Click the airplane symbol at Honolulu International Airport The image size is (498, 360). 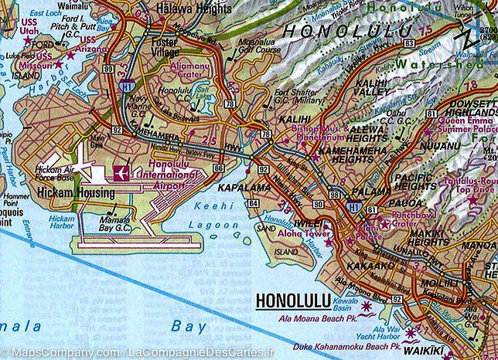tap(122, 174)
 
